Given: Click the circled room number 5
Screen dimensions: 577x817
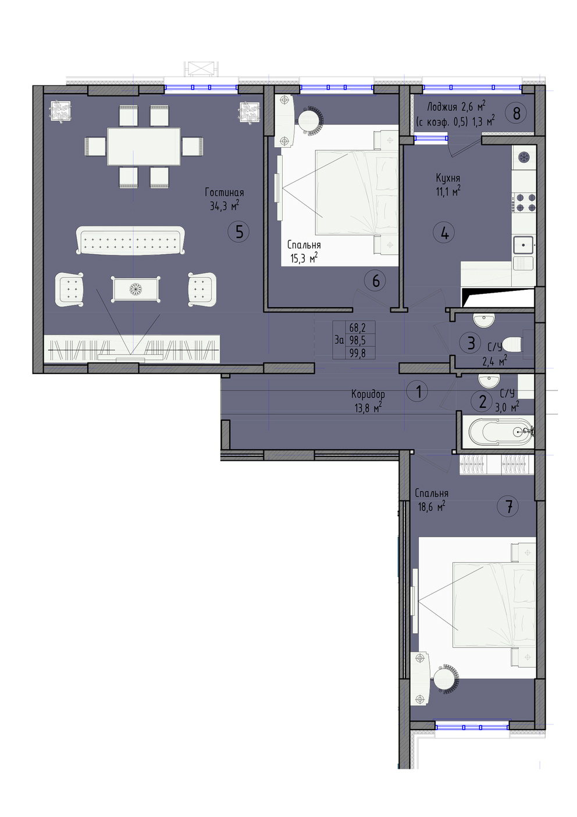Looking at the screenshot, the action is [x=238, y=231].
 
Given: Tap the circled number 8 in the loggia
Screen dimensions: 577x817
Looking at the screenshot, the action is [x=516, y=113].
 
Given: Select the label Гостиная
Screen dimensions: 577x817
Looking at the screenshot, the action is [x=224, y=192].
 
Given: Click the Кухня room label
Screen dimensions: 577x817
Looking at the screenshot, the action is [x=448, y=178].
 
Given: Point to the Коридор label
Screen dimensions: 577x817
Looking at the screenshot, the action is [x=368, y=394].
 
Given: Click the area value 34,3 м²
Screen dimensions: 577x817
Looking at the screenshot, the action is [x=225, y=206].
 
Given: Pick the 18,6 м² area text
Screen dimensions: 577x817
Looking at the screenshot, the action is [x=432, y=506].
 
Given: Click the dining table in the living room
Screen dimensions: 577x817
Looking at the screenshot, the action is [x=144, y=146].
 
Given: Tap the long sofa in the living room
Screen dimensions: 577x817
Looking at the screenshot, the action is [x=130, y=240].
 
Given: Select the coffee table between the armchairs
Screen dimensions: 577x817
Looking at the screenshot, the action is [x=135, y=289].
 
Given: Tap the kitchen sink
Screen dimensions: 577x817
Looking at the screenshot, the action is [x=523, y=245].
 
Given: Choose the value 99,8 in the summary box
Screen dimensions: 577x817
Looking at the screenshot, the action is [x=357, y=353].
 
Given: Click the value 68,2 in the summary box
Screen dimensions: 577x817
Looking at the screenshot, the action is [x=357, y=327].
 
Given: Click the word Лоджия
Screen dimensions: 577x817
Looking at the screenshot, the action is [x=442, y=107].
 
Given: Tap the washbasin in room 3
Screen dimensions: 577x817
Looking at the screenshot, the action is [x=484, y=320].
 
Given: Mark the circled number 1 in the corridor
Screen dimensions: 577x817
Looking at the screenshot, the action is [x=418, y=392].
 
